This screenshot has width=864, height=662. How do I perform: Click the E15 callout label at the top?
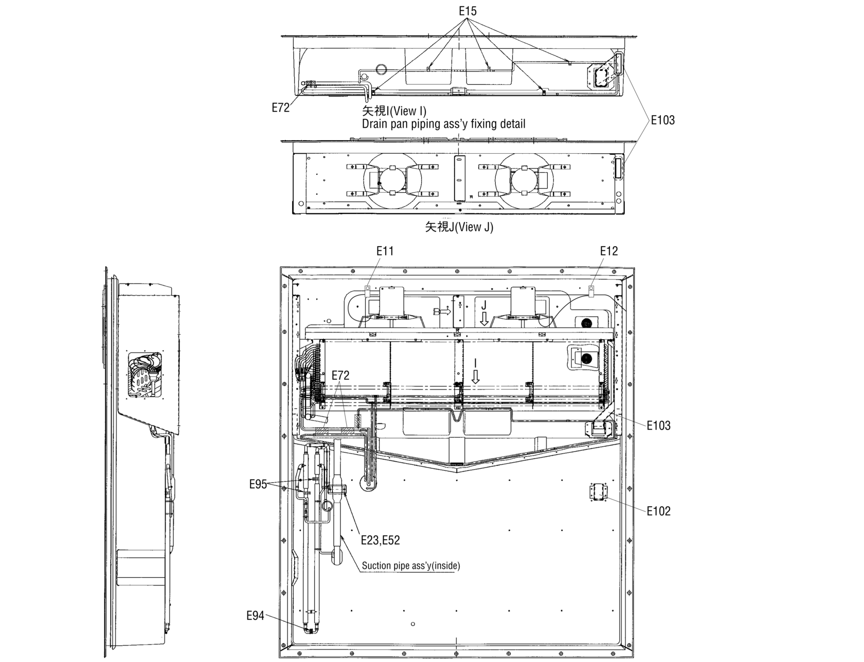pyautogui.click(x=467, y=11)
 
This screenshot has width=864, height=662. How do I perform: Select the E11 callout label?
pyautogui.click(x=385, y=251)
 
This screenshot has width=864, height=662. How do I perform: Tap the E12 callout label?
pyautogui.click(x=609, y=251)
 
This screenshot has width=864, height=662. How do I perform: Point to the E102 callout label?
pyautogui.click(x=658, y=511)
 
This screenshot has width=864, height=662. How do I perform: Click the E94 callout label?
pyautogui.click(x=256, y=616)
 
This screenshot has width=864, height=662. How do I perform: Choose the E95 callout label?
pyautogui.click(x=258, y=484)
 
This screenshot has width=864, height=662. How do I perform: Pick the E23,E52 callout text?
pyautogui.click(x=380, y=540)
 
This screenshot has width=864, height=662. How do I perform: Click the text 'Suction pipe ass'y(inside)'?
pyautogui.click(x=411, y=566)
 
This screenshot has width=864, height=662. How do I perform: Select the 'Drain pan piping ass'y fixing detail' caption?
pyautogui.click(x=443, y=124)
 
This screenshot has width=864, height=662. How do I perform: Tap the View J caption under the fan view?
pyautogui.click(x=459, y=227)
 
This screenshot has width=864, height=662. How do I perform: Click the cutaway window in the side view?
pyautogui.click(x=145, y=376)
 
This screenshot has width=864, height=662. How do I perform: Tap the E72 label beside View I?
pyautogui.click(x=281, y=108)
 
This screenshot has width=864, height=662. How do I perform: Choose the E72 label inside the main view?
pyautogui.click(x=340, y=376)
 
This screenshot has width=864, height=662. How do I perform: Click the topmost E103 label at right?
pyautogui.click(x=662, y=120)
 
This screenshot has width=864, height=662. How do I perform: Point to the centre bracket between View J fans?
pyautogui.click(x=459, y=178)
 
